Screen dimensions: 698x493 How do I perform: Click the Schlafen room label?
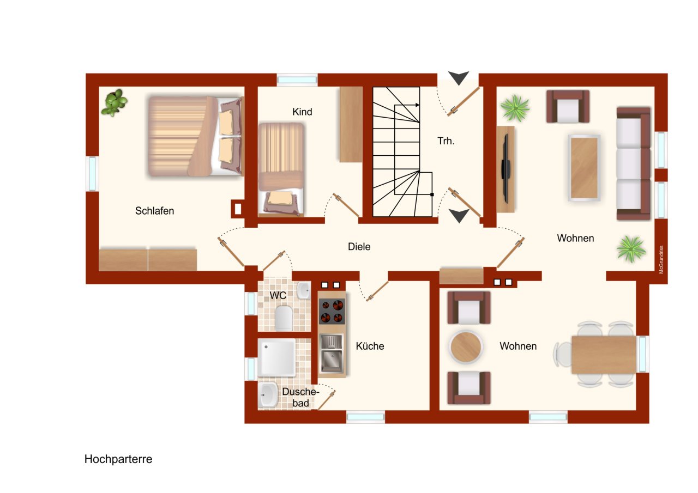coord(154,211)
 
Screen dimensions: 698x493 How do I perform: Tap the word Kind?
coord(302,112)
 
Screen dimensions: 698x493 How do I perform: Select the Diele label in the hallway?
coord(359,246)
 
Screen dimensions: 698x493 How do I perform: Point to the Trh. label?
coord(446,141)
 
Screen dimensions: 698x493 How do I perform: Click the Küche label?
coord(370,346)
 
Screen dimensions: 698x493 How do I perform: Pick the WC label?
coord(278,295)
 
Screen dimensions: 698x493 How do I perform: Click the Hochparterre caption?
coord(118,459)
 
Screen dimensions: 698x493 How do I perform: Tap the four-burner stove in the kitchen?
coord(332,311)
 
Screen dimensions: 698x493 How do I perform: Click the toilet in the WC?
coord(284,318)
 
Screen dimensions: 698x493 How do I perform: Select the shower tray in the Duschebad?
coord(276,357)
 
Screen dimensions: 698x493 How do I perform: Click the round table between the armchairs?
coord(466,346)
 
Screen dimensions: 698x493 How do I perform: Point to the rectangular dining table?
coord(604,355)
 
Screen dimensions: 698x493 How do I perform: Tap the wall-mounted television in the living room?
coord(506,169)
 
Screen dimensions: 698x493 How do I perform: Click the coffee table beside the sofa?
coord(584,168)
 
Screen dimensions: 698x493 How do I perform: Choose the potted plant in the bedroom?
coord(115,102)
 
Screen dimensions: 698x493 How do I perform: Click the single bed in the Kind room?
coord(281,169)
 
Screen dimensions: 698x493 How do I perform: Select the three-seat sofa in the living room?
coord(634,164)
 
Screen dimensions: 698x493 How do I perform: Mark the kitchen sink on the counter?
coord(332,353)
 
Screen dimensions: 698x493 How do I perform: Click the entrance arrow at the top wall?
coord(459,78)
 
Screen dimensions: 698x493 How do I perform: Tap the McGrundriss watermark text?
coord(661,259)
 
